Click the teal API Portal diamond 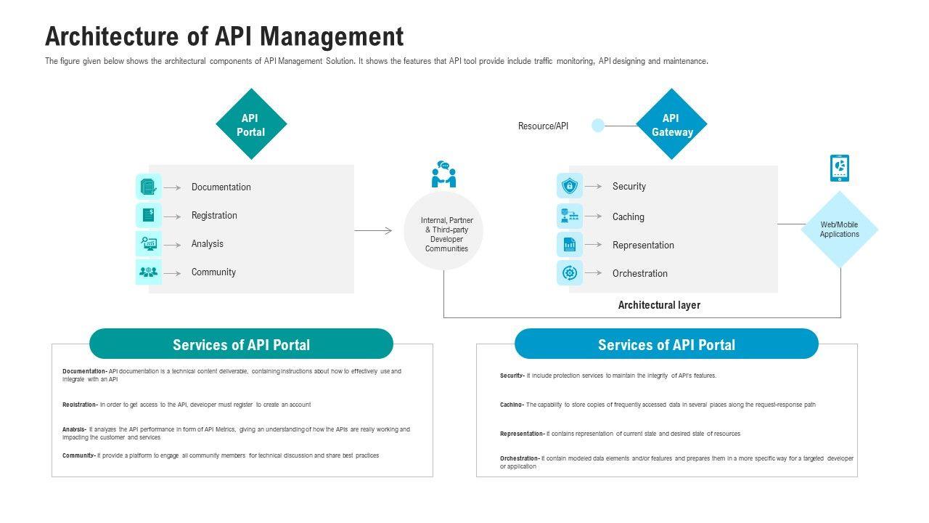pyautogui.click(x=251, y=124)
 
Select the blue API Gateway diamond pyautogui.click(x=671, y=124)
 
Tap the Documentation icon pyautogui.click(x=149, y=187)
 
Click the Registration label pyautogui.click(x=214, y=216)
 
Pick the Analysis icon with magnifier pyautogui.click(x=149, y=244)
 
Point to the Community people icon pyautogui.click(x=149, y=272)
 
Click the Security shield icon pyautogui.click(x=570, y=186)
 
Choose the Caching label pyautogui.click(x=628, y=216)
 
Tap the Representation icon pyautogui.click(x=570, y=245)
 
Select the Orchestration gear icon pyautogui.click(x=570, y=273)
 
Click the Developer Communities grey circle pyautogui.click(x=443, y=231)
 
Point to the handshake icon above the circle pyautogui.click(x=443, y=175)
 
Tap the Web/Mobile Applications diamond pyautogui.click(x=840, y=230)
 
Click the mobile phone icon pyautogui.click(x=840, y=168)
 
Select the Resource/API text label pyautogui.click(x=543, y=126)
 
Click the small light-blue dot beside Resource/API pyautogui.click(x=598, y=126)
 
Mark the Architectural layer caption pyautogui.click(x=659, y=305)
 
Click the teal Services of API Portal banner pyautogui.click(x=241, y=344)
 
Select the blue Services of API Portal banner pyautogui.click(x=666, y=344)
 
